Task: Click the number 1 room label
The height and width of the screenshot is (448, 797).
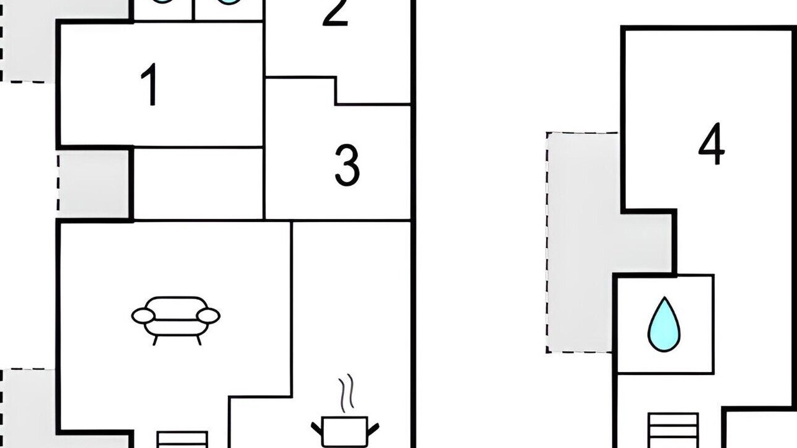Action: coord(149,84)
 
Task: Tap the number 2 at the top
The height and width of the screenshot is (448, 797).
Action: coord(335,13)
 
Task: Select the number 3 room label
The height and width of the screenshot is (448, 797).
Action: coord(347,165)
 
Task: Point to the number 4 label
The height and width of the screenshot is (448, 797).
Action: coord(711,144)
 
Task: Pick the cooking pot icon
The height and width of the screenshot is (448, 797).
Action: coord(345,431)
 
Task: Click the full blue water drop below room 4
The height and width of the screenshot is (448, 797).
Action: coord(664,324)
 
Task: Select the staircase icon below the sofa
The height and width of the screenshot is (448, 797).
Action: coord(182,440)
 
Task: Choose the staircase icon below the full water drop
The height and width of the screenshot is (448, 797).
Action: coord(673,430)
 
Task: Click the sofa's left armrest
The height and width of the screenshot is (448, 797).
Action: coord(143,315)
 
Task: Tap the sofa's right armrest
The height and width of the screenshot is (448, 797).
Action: coord(209,315)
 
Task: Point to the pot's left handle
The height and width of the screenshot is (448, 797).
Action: coord(317,429)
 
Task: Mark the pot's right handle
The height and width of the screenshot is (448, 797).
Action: coord(373,429)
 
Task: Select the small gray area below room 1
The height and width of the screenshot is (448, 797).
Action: coord(93,184)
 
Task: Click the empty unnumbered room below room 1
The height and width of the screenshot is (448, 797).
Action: coord(198,184)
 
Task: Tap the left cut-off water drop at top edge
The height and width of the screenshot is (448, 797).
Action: coord(163,2)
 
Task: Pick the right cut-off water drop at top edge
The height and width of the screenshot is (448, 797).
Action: coord(229,2)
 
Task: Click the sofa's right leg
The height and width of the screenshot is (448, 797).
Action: coord(199,340)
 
